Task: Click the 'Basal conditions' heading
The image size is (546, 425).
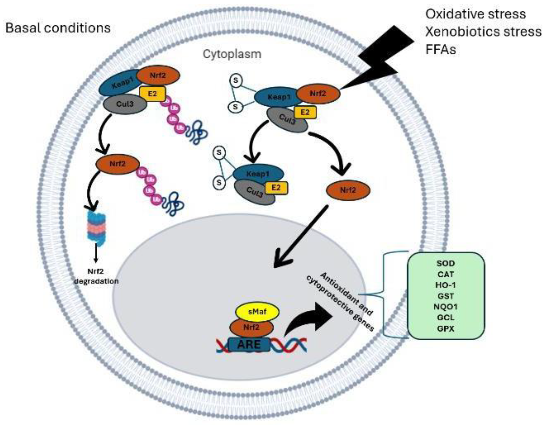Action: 58,28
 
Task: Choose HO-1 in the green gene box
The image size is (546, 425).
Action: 446,285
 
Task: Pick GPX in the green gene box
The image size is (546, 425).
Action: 446,329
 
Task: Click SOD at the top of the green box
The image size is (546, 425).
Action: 446,263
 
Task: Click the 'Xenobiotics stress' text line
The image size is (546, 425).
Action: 483,32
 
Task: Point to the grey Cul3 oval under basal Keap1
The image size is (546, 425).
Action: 125,104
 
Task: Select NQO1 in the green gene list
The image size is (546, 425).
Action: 446,307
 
